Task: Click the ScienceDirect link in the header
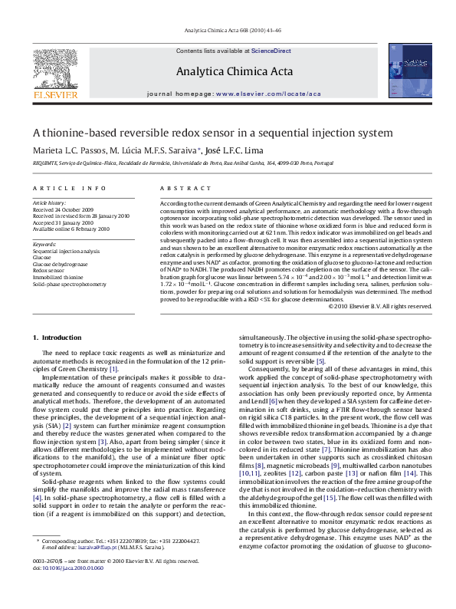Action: coord(271,50)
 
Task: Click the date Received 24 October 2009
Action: coord(63,209)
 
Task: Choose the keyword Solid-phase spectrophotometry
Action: coord(70,284)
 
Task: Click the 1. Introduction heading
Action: coord(57,337)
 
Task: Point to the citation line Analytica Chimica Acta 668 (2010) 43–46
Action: coord(228,31)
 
